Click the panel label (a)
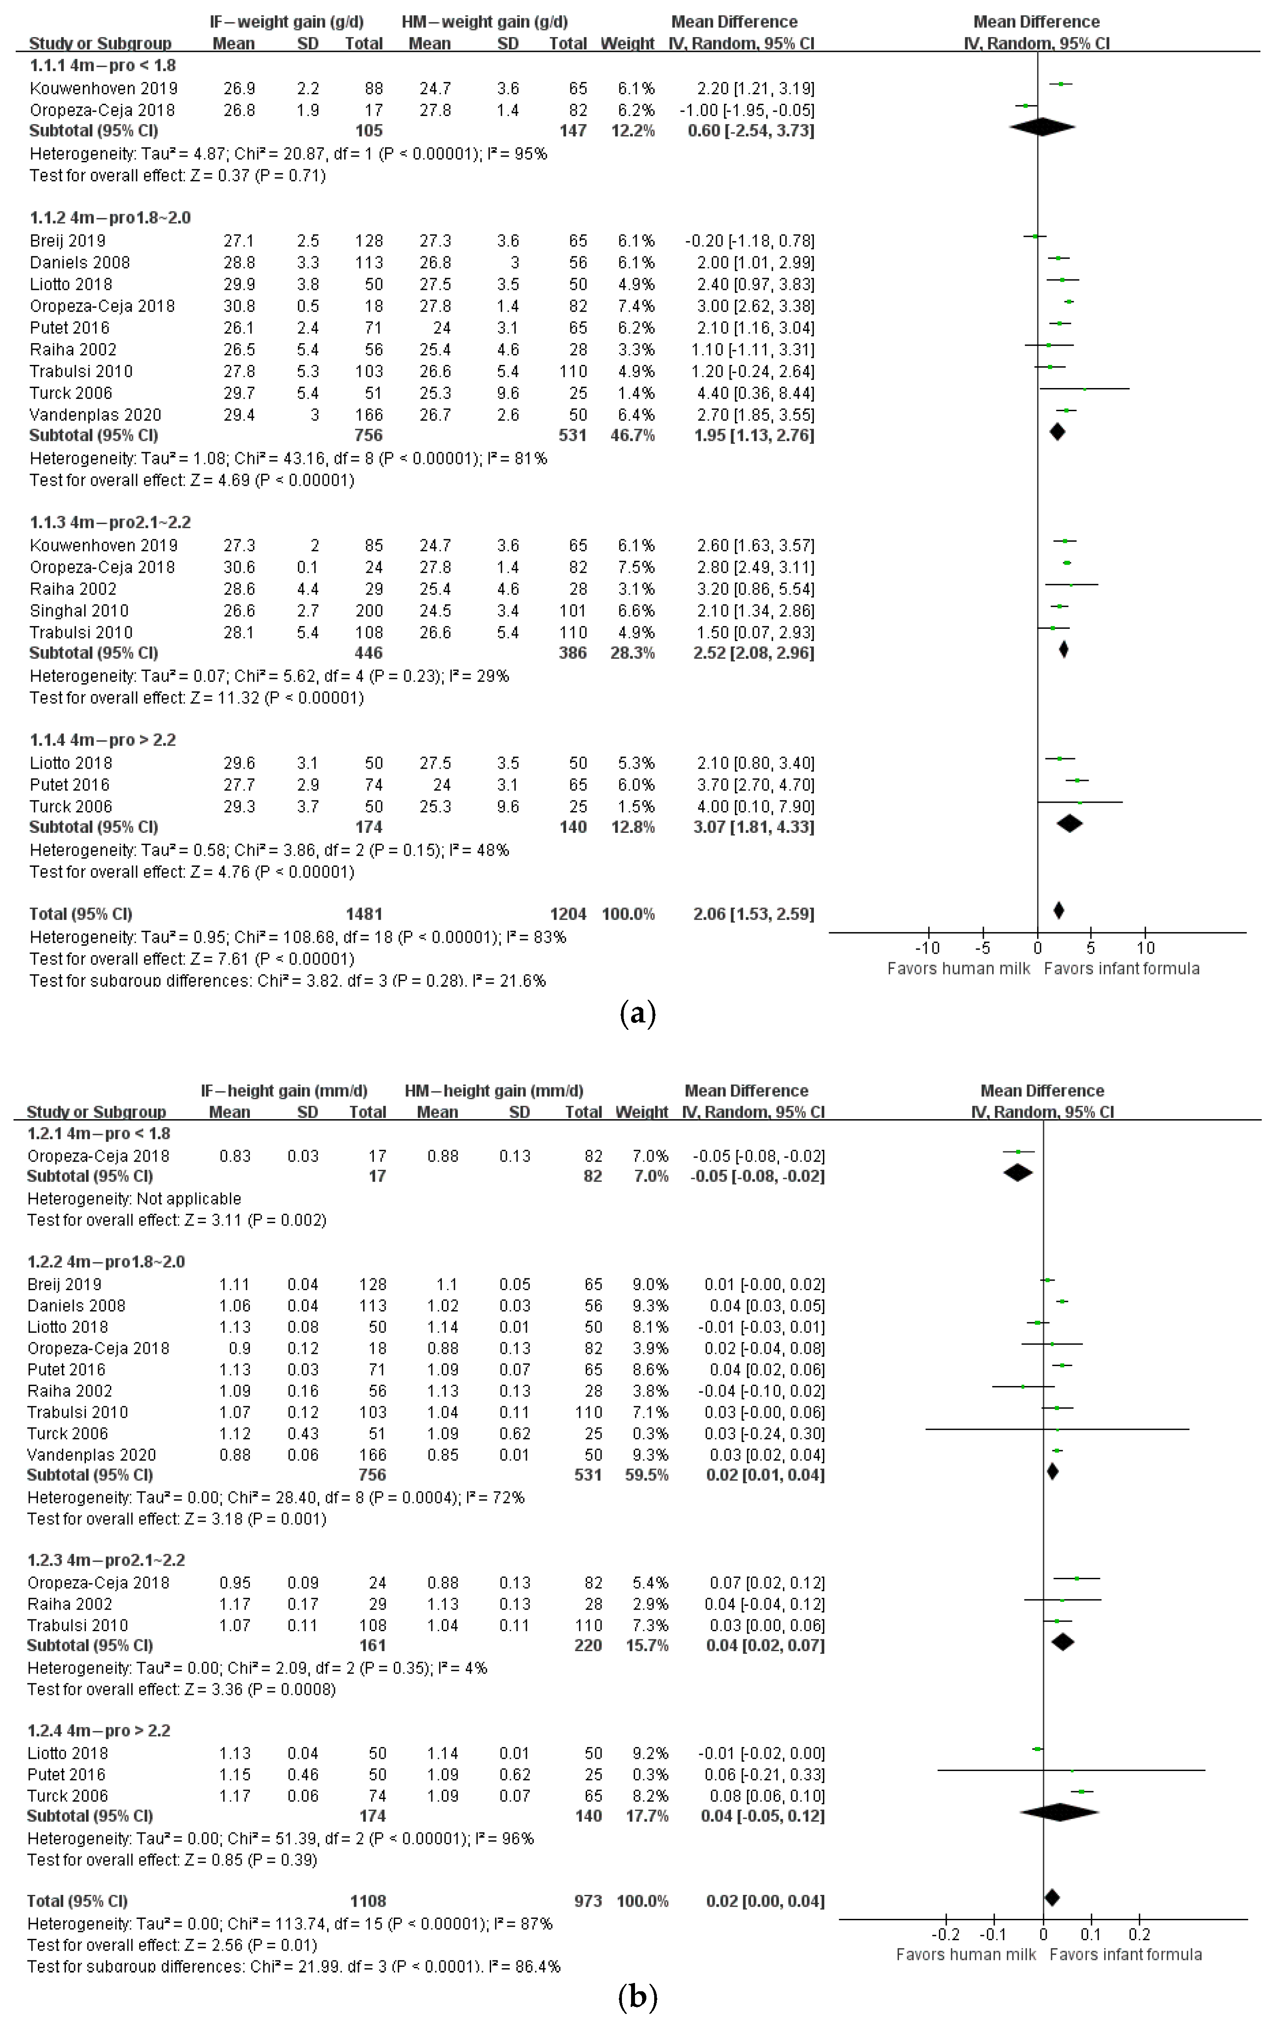click(637, 1013)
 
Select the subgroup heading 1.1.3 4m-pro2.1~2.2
click(110, 522)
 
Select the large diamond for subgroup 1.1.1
click(1041, 128)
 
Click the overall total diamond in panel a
click(1059, 910)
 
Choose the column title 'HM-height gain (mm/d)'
click(494, 1091)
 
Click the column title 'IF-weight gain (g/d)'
click(287, 22)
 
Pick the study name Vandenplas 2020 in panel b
click(92, 1455)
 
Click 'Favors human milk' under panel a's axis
click(959, 969)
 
